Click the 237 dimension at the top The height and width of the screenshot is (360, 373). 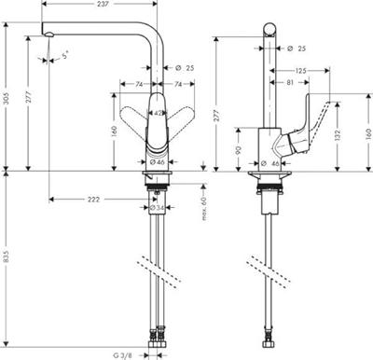point(104,5)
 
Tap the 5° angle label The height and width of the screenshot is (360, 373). point(62,55)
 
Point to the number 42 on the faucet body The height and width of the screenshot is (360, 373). point(159,113)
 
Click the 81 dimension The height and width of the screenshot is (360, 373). point(292,82)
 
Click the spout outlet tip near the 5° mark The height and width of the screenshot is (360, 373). point(44,36)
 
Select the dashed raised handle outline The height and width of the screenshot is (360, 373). point(322,117)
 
